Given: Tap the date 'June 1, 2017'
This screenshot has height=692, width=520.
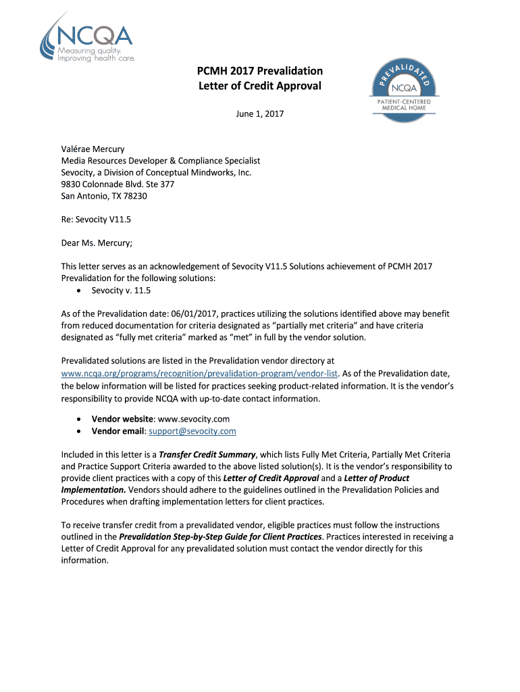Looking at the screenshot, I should [260, 114].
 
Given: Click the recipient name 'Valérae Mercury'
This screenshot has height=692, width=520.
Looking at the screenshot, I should [93, 149].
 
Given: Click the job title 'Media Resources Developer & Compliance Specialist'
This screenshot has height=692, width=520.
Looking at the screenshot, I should [161, 161].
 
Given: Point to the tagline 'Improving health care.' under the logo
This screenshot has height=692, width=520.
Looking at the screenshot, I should [97, 58].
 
